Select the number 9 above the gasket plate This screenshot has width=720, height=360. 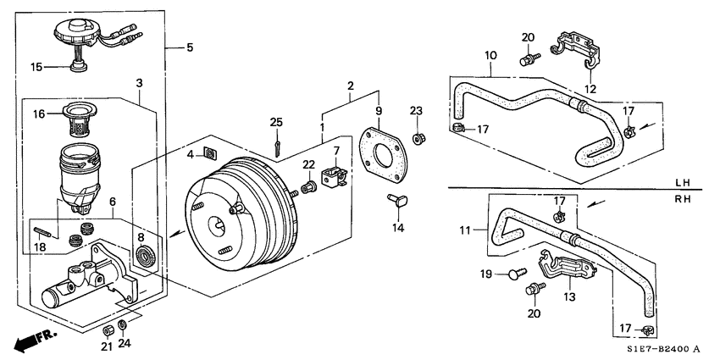379,110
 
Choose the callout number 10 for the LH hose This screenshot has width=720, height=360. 490,58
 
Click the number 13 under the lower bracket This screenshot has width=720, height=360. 569,296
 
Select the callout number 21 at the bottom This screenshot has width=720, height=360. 106,346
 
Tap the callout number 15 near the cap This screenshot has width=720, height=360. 36,67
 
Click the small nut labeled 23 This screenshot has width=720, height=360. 418,137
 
